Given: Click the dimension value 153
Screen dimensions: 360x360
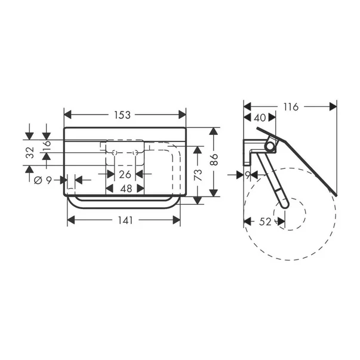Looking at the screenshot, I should (x=124, y=115).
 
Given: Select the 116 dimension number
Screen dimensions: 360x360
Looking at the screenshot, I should (x=291, y=107).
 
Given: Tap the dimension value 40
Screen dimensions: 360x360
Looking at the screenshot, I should (x=260, y=118).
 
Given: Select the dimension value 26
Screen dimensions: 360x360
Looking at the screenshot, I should (x=124, y=174).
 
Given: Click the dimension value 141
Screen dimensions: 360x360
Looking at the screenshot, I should (x=124, y=220).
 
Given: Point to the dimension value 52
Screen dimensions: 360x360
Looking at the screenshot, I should (x=264, y=221).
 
